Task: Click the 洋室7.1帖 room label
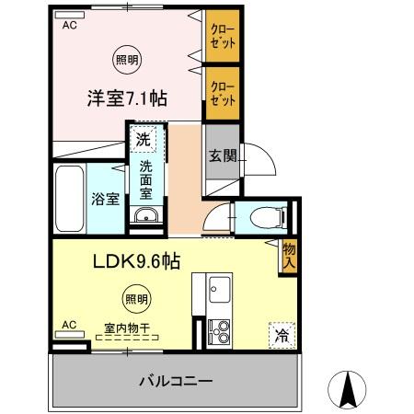[127, 98]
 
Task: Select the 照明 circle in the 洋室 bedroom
[127, 60]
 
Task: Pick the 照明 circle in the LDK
[135, 298]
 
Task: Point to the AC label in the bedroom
[69, 27]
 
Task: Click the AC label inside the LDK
[68, 325]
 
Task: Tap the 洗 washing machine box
[143, 140]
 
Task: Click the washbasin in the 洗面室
[145, 216]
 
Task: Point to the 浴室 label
[103, 199]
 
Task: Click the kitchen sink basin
[220, 293]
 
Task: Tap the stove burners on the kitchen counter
[220, 328]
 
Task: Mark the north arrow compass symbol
[349, 391]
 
